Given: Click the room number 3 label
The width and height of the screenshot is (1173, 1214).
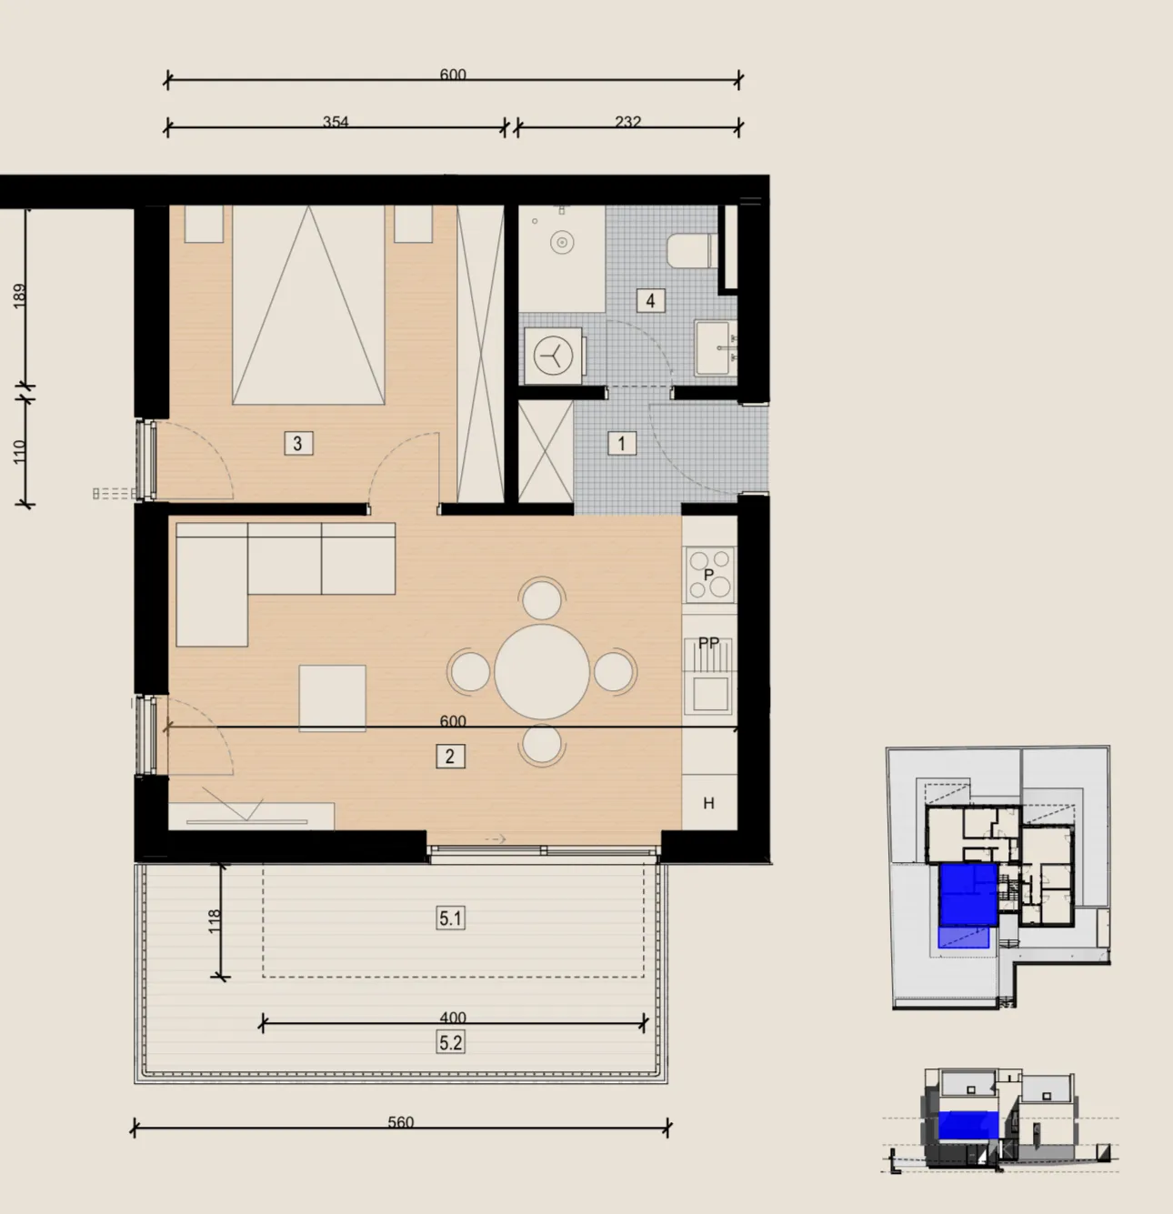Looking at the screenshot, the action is (x=298, y=443).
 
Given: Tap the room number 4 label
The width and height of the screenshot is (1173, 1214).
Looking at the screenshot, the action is (x=650, y=301).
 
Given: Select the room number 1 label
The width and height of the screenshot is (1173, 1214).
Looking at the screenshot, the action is (x=621, y=443).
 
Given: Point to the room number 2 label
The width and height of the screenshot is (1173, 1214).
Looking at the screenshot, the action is (x=450, y=756).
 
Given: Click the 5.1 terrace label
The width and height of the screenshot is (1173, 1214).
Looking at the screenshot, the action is (x=450, y=918).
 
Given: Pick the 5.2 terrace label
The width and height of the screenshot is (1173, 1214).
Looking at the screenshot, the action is (x=450, y=1042).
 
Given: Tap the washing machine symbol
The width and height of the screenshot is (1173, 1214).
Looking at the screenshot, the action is (x=554, y=356).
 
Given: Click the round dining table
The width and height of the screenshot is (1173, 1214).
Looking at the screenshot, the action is (x=542, y=672).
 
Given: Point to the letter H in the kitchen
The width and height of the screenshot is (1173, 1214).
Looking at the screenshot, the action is (x=708, y=803).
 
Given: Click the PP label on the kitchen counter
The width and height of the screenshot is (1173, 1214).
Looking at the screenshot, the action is (x=708, y=643).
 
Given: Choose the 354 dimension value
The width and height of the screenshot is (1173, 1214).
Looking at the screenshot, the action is (x=336, y=121).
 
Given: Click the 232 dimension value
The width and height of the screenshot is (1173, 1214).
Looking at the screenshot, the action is (x=627, y=121).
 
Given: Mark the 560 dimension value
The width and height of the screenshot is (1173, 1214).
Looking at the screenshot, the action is (x=401, y=1122).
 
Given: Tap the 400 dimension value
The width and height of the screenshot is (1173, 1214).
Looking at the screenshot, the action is (x=453, y=1018).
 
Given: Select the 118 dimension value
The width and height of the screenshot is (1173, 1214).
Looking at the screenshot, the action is (x=214, y=921).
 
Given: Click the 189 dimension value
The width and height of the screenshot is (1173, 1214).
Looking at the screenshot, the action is (x=19, y=296).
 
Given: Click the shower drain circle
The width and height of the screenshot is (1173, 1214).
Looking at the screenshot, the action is (x=562, y=242).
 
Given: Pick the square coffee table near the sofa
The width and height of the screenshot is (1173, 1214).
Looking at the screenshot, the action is (x=332, y=697).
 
